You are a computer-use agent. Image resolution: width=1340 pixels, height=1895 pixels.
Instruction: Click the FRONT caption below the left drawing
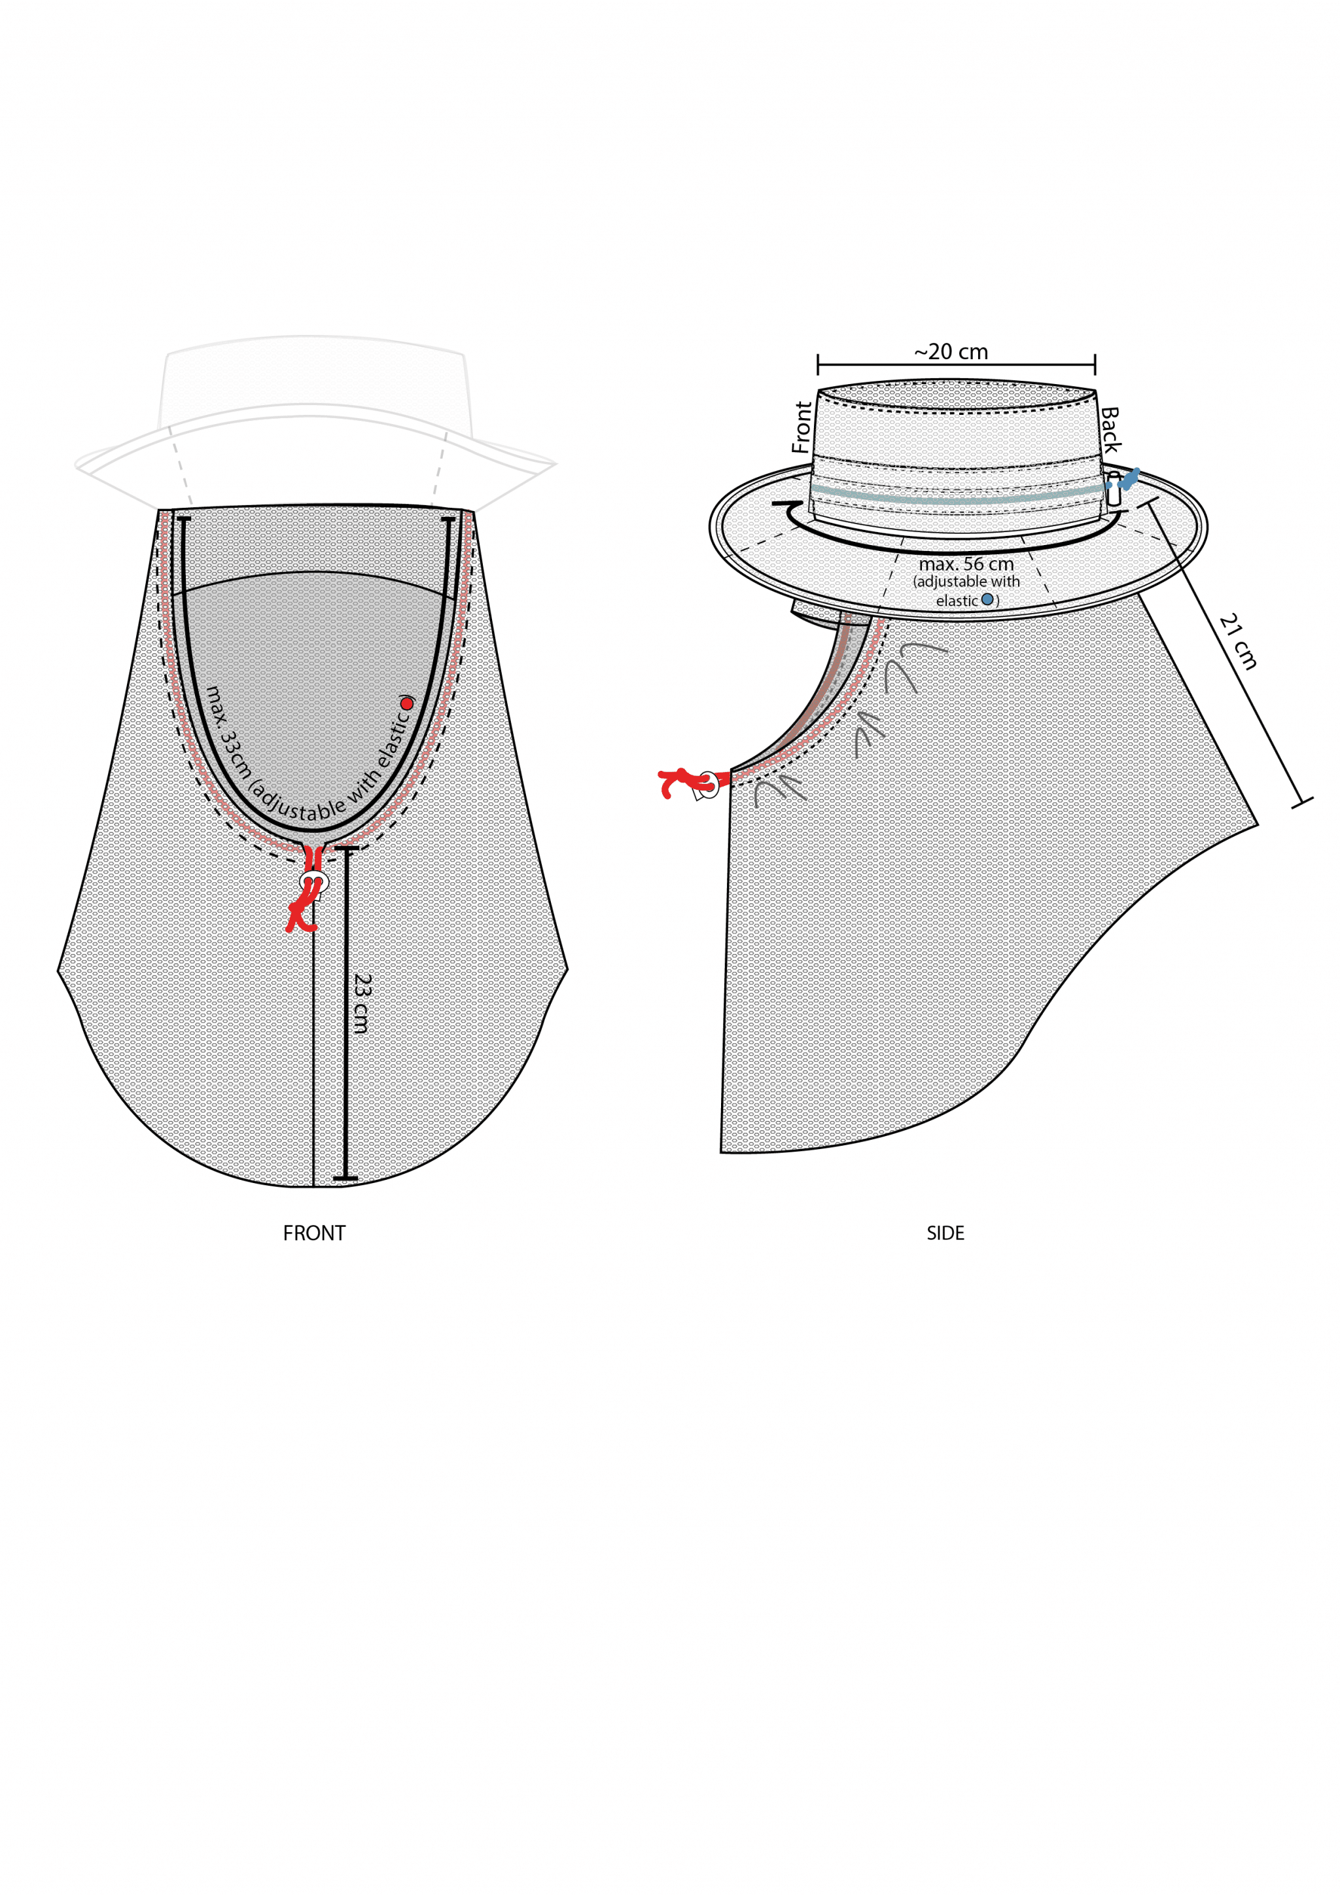pos(313,1233)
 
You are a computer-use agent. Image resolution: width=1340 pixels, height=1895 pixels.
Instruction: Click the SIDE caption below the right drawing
pos(945,1233)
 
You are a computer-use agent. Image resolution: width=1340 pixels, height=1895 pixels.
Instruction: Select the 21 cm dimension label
pos(1239,641)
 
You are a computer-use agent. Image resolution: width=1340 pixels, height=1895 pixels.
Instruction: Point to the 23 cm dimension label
pos(361,1004)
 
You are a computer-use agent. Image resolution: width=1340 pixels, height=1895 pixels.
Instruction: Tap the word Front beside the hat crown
pos(802,427)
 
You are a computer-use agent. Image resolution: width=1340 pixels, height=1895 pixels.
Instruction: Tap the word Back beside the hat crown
pos(1110,429)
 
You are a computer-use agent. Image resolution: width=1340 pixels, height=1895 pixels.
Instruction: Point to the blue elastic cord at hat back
pos(1129,479)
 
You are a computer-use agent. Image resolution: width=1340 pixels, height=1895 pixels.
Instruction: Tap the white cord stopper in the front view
pos(314,882)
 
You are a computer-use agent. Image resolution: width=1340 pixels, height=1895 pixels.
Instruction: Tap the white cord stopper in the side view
pos(708,784)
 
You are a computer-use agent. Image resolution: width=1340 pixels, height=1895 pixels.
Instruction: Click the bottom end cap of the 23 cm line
pos(345,1178)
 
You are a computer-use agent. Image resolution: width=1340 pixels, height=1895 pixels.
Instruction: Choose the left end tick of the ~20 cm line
pos(818,364)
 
